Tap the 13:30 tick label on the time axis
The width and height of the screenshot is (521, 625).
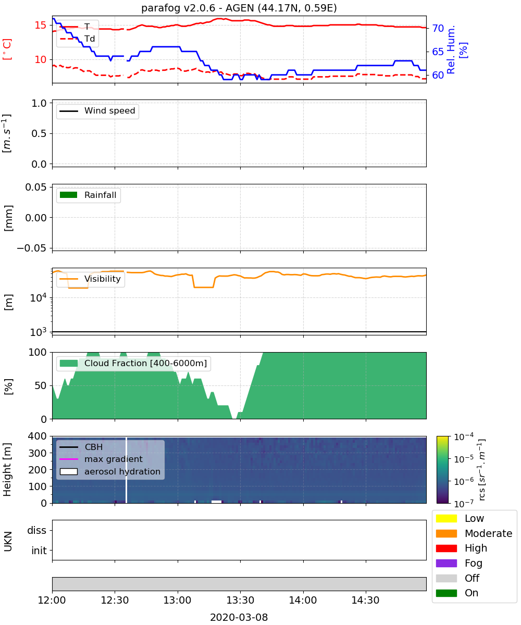coord(240,600)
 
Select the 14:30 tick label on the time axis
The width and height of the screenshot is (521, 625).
coord(366,600)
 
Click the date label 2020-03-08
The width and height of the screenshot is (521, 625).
coord(239,617)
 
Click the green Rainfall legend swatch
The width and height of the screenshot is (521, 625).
coord(69,195)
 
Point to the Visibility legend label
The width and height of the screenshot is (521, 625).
coord(103,279)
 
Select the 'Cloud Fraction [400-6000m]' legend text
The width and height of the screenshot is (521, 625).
coord(145,363)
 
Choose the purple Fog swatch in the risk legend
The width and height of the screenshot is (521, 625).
coord(446,563)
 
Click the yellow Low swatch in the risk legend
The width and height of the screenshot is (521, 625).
coord(446,518)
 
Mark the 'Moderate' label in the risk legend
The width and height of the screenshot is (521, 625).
coord(488,533)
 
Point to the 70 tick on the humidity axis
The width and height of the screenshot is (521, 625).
coord(438,29)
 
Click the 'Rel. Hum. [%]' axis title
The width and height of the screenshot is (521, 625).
coord(456,49)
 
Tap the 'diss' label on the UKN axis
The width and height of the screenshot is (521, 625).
coord(36,530)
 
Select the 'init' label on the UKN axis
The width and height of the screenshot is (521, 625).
coord(39,551)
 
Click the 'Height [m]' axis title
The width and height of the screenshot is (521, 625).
coord(7,469)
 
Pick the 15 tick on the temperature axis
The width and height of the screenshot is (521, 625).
coord(41,25)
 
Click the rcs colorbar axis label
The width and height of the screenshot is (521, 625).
coord(481,470)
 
